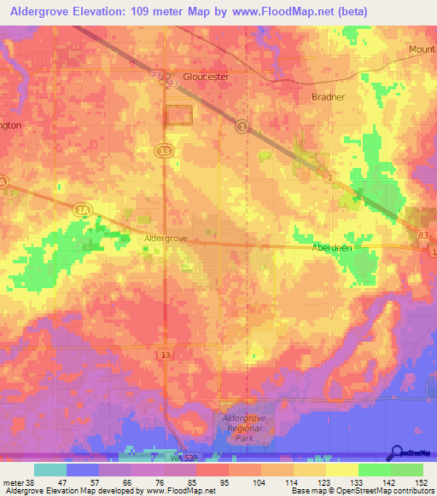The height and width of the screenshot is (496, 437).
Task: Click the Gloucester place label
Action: [x=200, y=76]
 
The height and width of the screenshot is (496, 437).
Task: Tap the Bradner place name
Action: [x=328, y=97]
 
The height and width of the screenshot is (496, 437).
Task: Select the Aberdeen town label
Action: [x=332, y=246]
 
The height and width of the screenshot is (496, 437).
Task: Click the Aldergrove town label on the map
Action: [x=165, y=239]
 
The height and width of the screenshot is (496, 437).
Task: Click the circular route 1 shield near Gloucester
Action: [x=242, y=126]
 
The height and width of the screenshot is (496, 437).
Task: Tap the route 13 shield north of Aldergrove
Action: [x=164, y=150]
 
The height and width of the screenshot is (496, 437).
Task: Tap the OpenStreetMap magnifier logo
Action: [x=398, y=452]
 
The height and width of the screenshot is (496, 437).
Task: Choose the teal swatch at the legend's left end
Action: [x=50, y=470]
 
